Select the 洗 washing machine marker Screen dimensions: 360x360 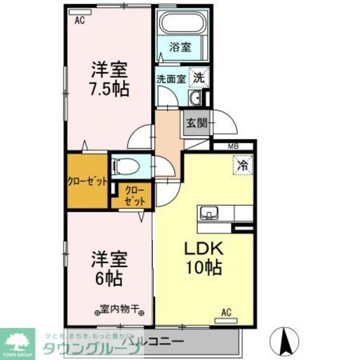199,76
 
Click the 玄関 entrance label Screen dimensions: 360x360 196,124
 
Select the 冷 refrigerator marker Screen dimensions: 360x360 243,164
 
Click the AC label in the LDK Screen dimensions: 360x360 227,311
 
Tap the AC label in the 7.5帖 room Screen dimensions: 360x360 80,20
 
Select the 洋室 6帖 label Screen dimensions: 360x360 108,269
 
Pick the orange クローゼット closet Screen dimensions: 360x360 88,181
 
